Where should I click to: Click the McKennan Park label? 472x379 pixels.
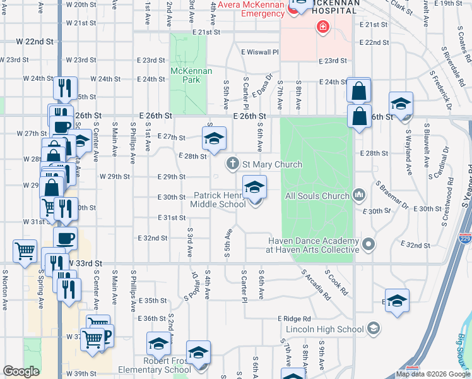tap(191, 76)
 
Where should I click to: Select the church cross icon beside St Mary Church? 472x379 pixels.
tap(232, 164)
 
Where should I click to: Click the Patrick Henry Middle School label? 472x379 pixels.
tap(219, 200)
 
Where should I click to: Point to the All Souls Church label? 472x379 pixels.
tap(317, 196)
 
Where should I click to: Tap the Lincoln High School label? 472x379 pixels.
tap(325, 329)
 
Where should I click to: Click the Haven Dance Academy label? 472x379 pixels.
tap(314, 245)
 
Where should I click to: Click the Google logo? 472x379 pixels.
tap(21, 371)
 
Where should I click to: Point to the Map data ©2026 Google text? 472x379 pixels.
tap(434, 375)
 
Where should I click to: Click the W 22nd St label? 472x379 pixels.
tap(36, 41)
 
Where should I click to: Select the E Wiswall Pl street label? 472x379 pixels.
tap(259, 52)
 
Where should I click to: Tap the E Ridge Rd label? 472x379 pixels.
tap(294, 319)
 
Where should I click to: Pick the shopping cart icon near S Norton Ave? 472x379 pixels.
tap(25, 250)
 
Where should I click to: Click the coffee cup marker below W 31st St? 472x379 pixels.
tap(64, 239)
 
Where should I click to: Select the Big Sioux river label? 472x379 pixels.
tap(462, 351)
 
